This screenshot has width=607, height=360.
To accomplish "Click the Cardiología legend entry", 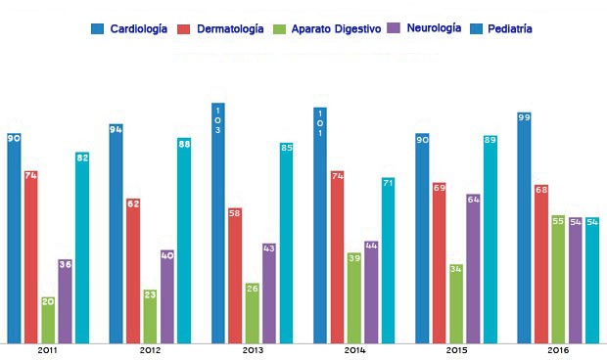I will click(x=133, y=30).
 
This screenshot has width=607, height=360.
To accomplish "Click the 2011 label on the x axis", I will click(x=47, y=349).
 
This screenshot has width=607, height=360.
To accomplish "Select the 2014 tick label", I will click(x=354, y=349).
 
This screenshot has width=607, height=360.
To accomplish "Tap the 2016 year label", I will click(x=558, y=349).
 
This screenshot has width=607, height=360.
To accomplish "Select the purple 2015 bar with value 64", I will click(x=474, y=268).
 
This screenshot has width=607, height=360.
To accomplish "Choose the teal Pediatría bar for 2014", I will click(x=389, y=260).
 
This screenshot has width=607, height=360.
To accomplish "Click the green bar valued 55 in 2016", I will click(x=558, y=279).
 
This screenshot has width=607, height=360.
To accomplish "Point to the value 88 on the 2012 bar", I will click(x=184, y=144).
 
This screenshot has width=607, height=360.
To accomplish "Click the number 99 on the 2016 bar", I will click(x=525, y=118).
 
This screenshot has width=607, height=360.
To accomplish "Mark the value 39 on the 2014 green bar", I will click(x=354, y=258).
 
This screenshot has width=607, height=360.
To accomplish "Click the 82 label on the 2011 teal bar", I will click(x=82, y=157).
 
